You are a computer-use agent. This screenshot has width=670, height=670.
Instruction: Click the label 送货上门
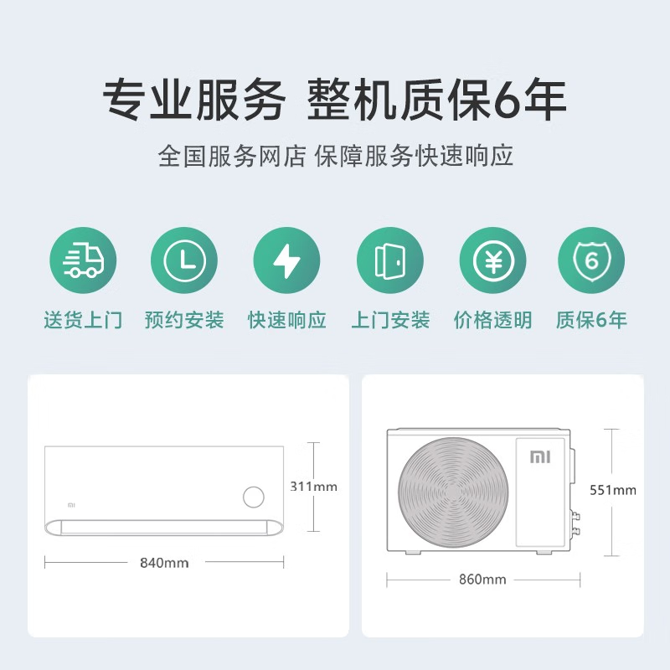(x=83, y=320)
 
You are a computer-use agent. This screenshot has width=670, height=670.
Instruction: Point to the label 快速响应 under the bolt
(x=286, y=320)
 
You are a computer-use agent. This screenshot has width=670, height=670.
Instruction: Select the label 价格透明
(x=492, y=320)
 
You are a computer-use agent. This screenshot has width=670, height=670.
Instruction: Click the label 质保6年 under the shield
(x=591, y=320)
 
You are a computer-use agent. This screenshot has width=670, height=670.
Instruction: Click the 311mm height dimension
(x=313, y=487)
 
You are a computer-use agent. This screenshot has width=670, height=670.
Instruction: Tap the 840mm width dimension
(x=164, y=563)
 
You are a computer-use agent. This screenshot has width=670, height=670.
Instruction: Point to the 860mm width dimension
(x=482, y=580)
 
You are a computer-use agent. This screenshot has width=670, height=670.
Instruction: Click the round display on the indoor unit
(x=253, y=497)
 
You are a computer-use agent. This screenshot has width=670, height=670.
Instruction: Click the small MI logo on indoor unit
(x=70, y=505)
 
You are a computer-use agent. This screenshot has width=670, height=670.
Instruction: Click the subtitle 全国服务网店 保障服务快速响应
(x=335, y=156)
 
